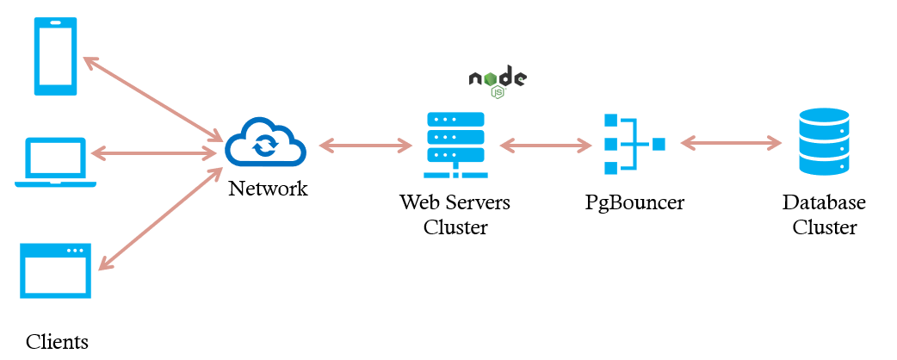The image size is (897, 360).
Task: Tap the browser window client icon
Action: point(56,270)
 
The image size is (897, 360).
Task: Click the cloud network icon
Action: point(266,142)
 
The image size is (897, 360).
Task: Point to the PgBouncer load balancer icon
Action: point(634,145)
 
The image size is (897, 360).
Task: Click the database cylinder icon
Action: point(824,142)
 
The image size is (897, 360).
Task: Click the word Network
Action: point(268,189)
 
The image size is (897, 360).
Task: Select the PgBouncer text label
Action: point(634,203)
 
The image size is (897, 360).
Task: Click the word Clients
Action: point(57,341)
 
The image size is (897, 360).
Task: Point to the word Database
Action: point(824,203)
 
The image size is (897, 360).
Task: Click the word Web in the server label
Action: point(415,203)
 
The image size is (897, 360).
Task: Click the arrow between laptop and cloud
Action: point(153,153)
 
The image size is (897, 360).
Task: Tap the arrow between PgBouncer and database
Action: point(730,143)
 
